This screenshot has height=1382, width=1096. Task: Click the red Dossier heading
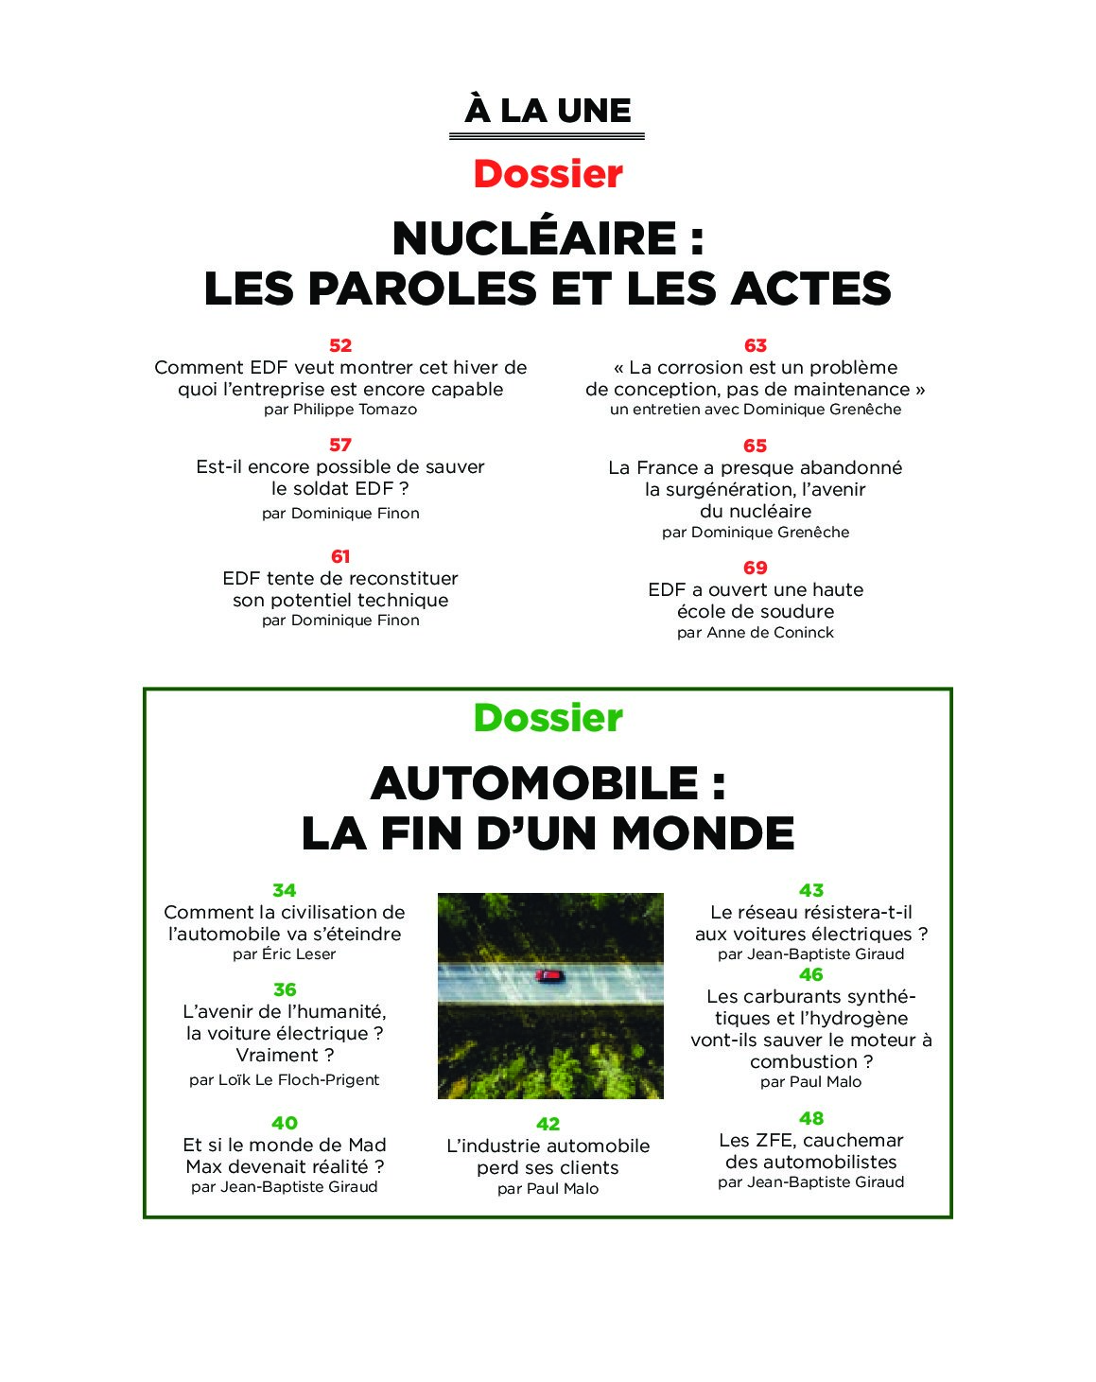coord(548,174)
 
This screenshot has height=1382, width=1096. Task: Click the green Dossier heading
coord(548,718)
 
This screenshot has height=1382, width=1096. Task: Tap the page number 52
coord(340,345)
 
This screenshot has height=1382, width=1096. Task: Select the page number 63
coord(755,345)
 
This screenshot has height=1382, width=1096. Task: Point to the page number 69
coord(755,568)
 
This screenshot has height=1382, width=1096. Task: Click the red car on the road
coord(548,975)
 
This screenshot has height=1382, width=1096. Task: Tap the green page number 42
coord(548,1124)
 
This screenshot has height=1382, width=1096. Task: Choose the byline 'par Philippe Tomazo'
coord(340,410)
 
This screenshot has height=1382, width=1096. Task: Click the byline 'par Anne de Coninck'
coord(755,633)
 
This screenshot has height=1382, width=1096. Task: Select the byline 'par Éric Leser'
coord(284,954)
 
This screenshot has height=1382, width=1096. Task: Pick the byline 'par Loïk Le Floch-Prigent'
coord(284,1080)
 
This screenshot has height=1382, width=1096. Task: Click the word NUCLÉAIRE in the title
coord(534,238)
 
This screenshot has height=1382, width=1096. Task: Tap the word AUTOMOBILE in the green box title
coord(534,783)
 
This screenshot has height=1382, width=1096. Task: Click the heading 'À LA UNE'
coord(548,111)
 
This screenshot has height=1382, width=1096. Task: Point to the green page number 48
coord(810,1118)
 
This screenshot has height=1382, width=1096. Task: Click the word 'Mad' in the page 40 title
coord(367,1145)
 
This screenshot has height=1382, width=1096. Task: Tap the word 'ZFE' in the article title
coord(774,1140)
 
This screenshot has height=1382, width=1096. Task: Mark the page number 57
coord(340,445)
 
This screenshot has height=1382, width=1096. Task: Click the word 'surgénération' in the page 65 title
coord(704,489)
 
